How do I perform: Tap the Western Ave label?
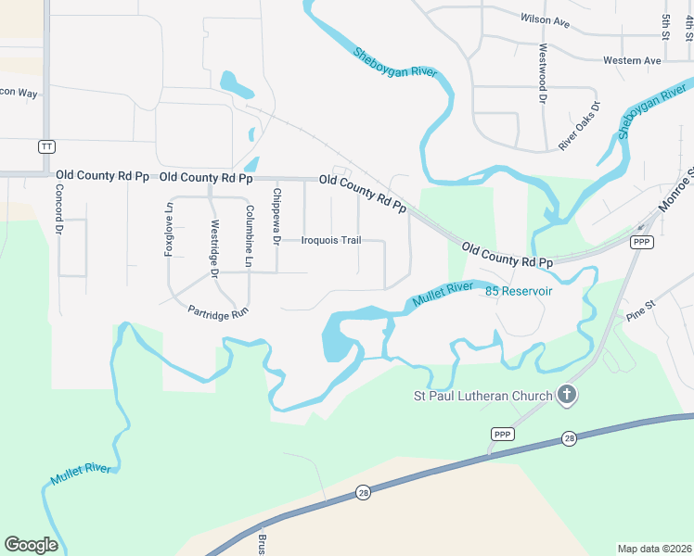click(631, 60)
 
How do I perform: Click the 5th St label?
click(665, 26)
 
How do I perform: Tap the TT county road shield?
click(46, 146)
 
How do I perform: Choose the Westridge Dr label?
click(214, 248)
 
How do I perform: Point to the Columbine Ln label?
click(249, 236)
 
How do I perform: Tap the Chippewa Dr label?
click(276, 216)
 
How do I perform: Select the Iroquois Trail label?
click(331, 240)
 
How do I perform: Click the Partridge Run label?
click(218, 312)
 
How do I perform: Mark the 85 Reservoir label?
click(519, 291)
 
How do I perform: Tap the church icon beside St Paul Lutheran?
click(567, 397)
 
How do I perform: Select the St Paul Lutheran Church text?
click(482, 398)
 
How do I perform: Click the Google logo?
click(31, 545)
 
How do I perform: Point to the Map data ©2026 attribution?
click(654, 549)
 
